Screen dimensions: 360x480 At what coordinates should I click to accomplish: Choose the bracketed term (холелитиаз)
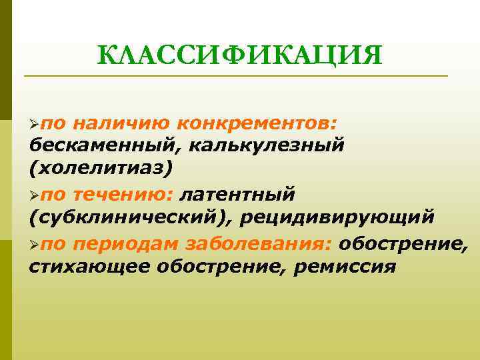[x=100, y=167]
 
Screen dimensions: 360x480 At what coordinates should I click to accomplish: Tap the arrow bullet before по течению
[x=35, y=195]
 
